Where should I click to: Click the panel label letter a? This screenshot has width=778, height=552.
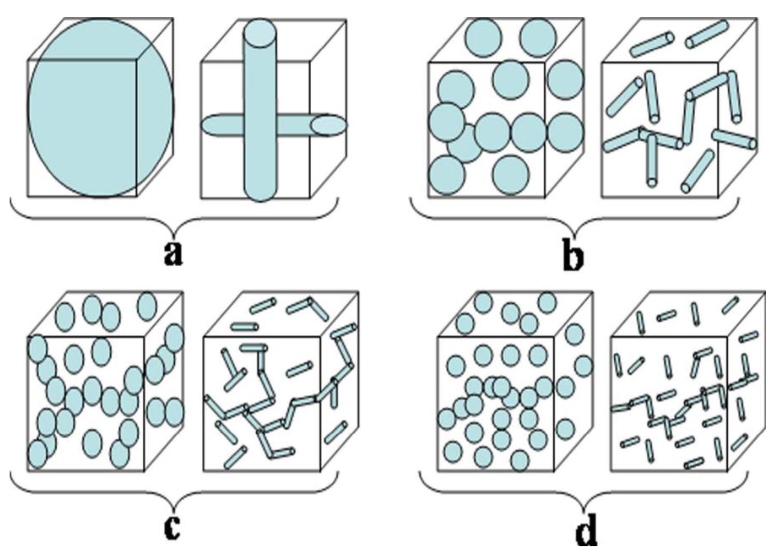tap(174, 253)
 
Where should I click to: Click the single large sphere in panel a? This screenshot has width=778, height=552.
tap(101, 107)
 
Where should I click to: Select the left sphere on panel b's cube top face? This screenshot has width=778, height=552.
tap(483, 37)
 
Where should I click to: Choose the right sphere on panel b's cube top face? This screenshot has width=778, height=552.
tap(538, 37)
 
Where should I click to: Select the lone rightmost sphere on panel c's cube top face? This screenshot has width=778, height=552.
tap(147, 306)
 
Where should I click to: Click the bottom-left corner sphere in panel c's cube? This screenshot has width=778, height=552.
tap(37, 454)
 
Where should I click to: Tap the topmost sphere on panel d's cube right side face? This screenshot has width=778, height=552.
tap(575, 334)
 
